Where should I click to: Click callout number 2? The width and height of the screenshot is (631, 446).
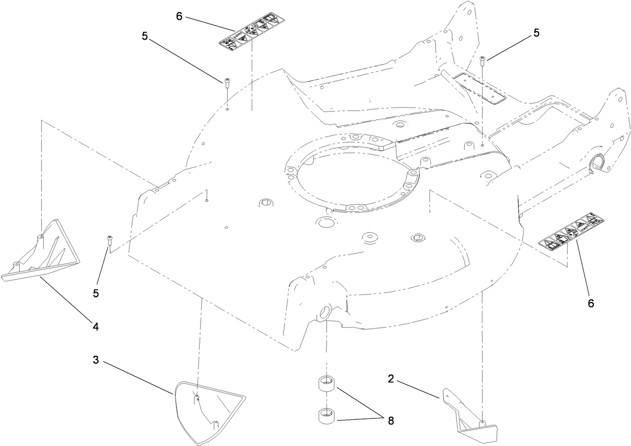click(x=391, y=378)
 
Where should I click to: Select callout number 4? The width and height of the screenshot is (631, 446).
click(x=95, y=327)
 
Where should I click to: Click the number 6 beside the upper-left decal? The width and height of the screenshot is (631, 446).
click(x=179, y=16)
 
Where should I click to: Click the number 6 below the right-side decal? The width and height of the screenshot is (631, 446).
click(x=590, y=303)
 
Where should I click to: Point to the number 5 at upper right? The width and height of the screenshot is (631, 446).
click(x=536, y=33)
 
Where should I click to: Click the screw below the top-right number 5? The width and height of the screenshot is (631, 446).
click(x=483, y=61)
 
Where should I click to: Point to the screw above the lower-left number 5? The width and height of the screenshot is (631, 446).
click(x=109, y=239)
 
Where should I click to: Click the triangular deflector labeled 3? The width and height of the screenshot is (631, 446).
click(x=208, y=409)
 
